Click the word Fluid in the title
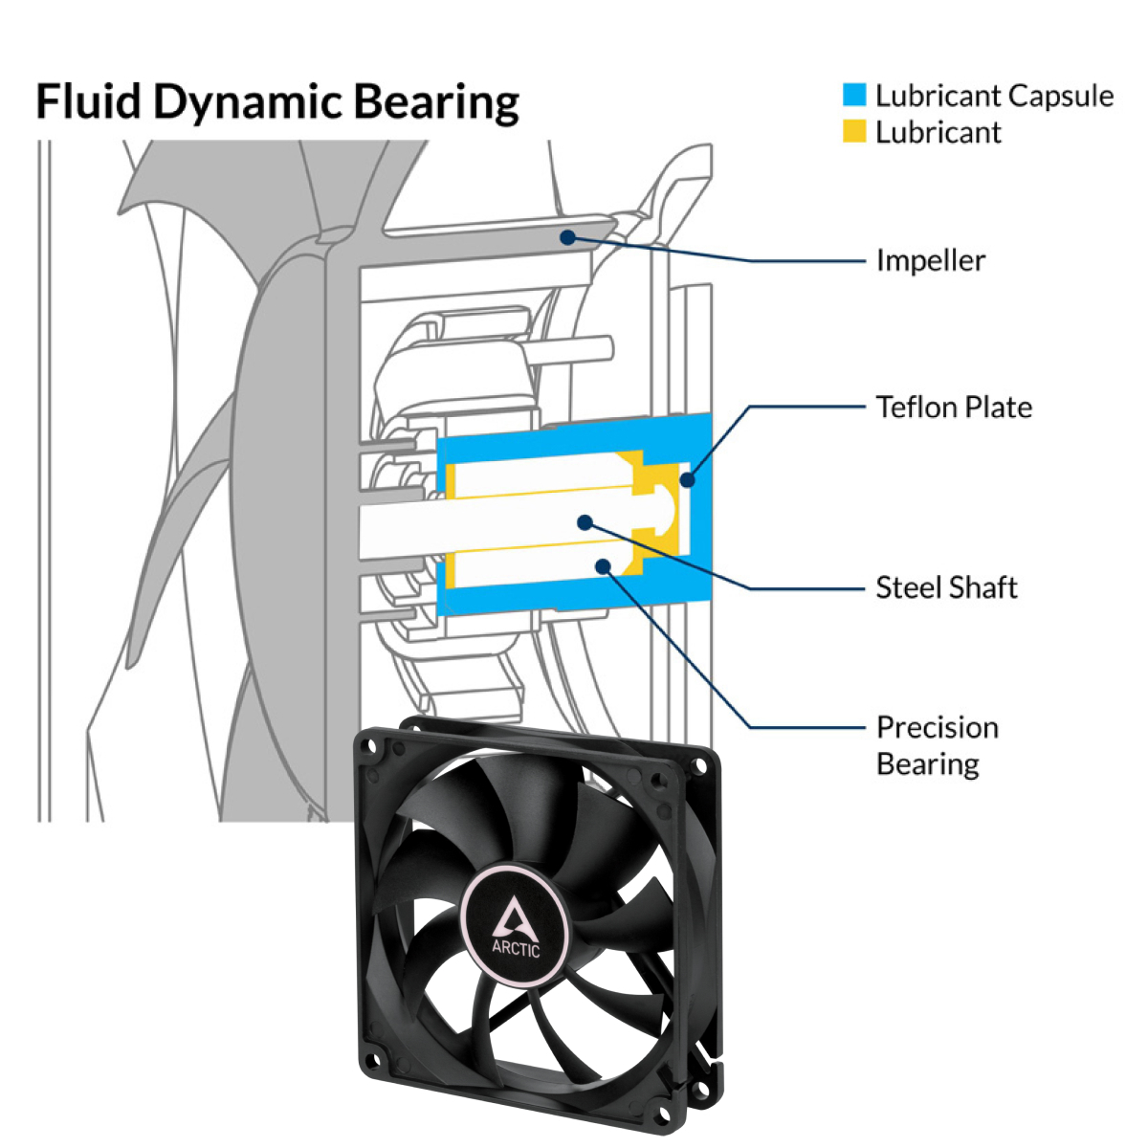(89, 101)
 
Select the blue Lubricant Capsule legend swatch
(854, 95)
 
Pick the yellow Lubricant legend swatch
(854, 132)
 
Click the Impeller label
(930, 260)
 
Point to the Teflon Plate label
(954, 407)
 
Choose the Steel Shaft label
(946, 586)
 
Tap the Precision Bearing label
(937, 744)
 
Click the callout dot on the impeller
(568, 236)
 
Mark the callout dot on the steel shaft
(585, 521)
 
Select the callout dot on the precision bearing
(604, 565)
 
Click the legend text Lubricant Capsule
(994, 96)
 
